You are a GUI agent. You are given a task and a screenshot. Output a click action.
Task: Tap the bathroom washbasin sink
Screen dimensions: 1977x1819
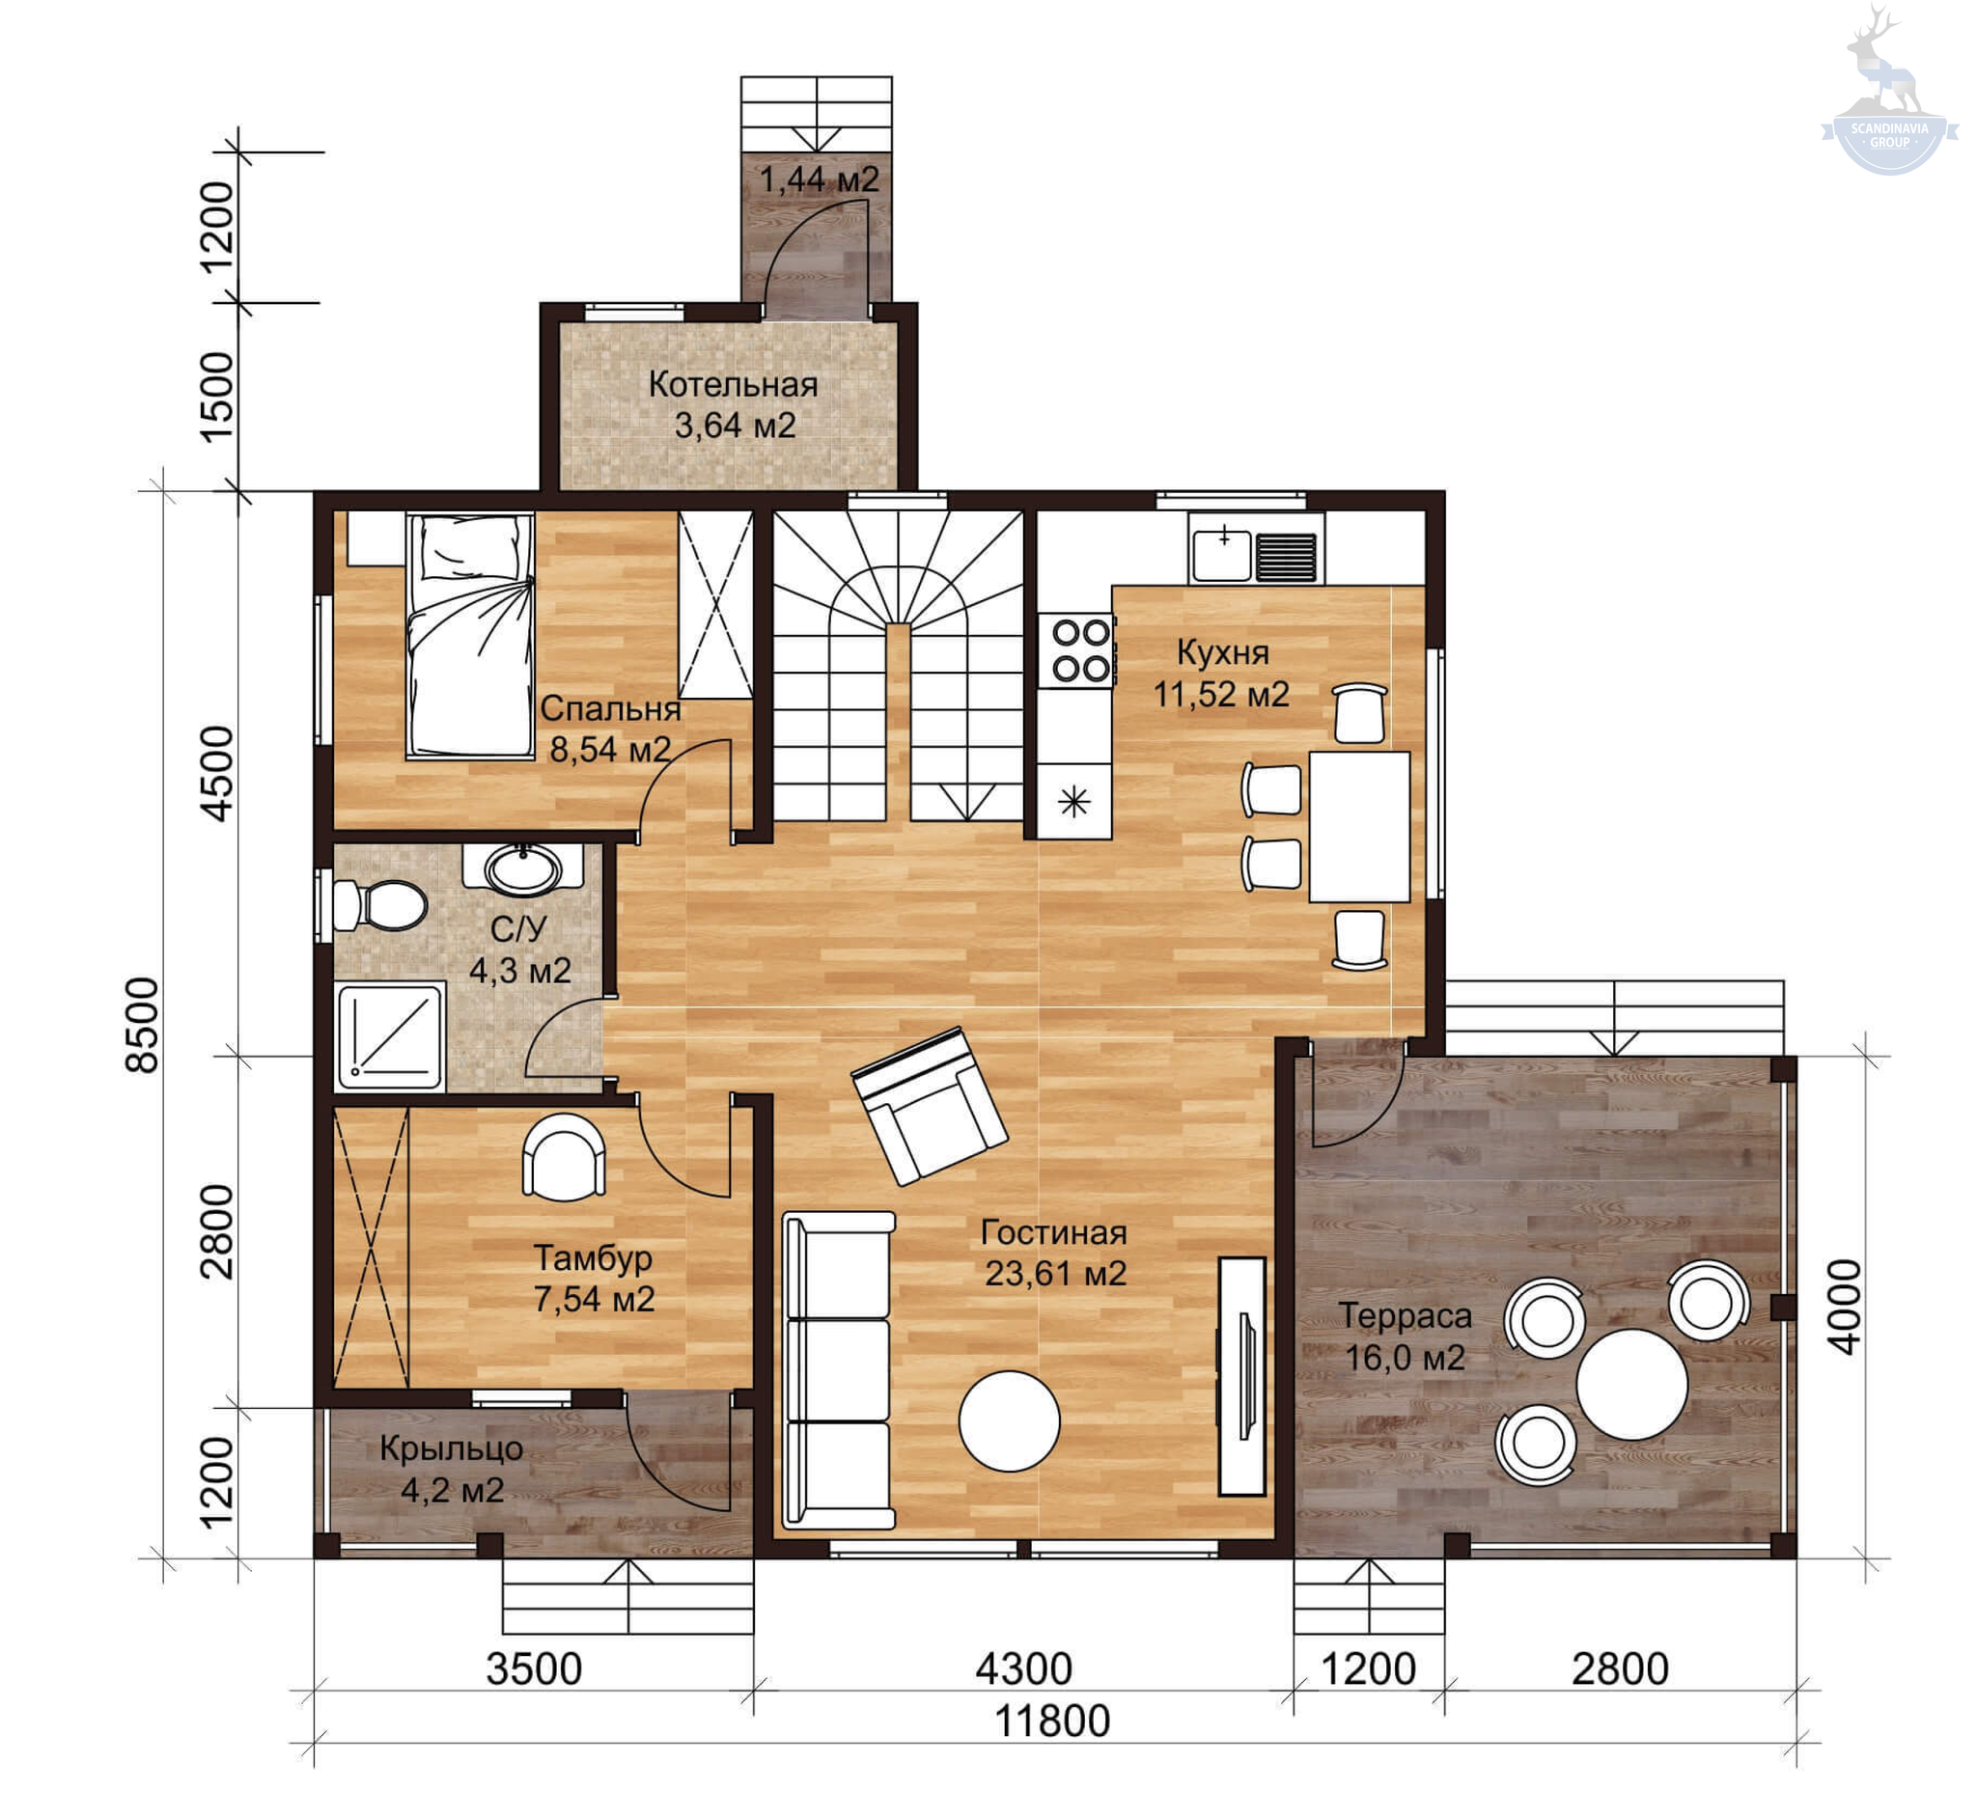coord(525,870)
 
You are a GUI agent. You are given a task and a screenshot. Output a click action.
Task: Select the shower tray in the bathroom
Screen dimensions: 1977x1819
coord(390,1036)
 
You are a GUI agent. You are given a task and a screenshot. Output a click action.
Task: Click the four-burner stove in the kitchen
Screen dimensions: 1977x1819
coord(1082,649)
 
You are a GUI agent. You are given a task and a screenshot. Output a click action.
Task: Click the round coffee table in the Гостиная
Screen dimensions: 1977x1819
coord(1009,1420)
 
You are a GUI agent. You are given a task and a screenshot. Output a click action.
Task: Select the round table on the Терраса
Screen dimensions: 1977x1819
coord(1631,1384)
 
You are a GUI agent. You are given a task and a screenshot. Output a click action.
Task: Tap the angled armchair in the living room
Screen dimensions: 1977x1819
coord(929,1104)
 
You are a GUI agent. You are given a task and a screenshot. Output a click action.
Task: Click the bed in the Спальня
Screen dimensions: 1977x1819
coord(471,635)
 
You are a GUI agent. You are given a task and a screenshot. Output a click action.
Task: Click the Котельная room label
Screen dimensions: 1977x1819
coord(734,384)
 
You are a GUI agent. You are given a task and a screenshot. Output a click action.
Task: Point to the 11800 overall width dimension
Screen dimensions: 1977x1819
coord(1052,1722)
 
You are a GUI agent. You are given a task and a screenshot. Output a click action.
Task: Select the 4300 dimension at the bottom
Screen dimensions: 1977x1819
coord(1024,1668)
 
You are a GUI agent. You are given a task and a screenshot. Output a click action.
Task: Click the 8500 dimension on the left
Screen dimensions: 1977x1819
coord(143,1025)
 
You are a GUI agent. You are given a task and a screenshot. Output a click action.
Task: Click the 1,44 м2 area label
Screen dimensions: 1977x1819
coord(820,179)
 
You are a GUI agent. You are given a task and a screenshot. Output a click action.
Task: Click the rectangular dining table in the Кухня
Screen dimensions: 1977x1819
coord(1358,827)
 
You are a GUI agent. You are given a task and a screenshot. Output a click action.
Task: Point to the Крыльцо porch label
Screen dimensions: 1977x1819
coord(451,1447)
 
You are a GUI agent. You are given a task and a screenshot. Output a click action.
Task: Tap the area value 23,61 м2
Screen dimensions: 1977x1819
coord(1055,1274)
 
